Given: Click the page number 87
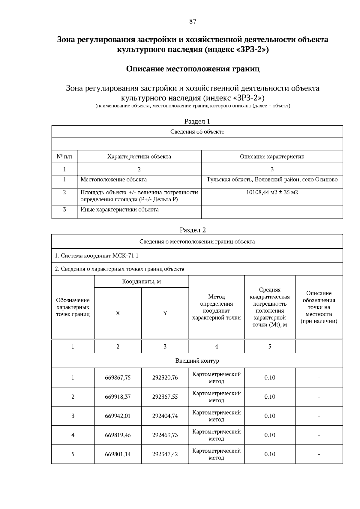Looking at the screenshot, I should pos(193,21).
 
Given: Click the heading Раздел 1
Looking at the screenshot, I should pos(197,121).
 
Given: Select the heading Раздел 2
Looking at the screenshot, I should pos(193,230).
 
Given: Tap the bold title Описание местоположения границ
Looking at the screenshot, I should pos(193,69).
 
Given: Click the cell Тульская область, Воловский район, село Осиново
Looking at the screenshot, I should pos(272,180).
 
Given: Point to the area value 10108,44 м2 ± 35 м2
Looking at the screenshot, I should pos(272,193).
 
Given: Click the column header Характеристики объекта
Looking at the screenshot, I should pos(139,157).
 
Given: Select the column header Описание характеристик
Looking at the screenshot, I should pos(272,157).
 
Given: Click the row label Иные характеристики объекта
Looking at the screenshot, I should pos(119,210).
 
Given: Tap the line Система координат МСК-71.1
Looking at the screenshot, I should pos(97,256).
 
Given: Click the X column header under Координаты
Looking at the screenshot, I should pos(118,313).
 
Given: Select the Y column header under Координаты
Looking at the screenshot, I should pos(165,313).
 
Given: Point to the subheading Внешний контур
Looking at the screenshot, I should pos(197,361).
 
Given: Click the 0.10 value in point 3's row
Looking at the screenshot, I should pos(270,416).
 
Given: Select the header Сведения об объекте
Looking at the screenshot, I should pos(197,132).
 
